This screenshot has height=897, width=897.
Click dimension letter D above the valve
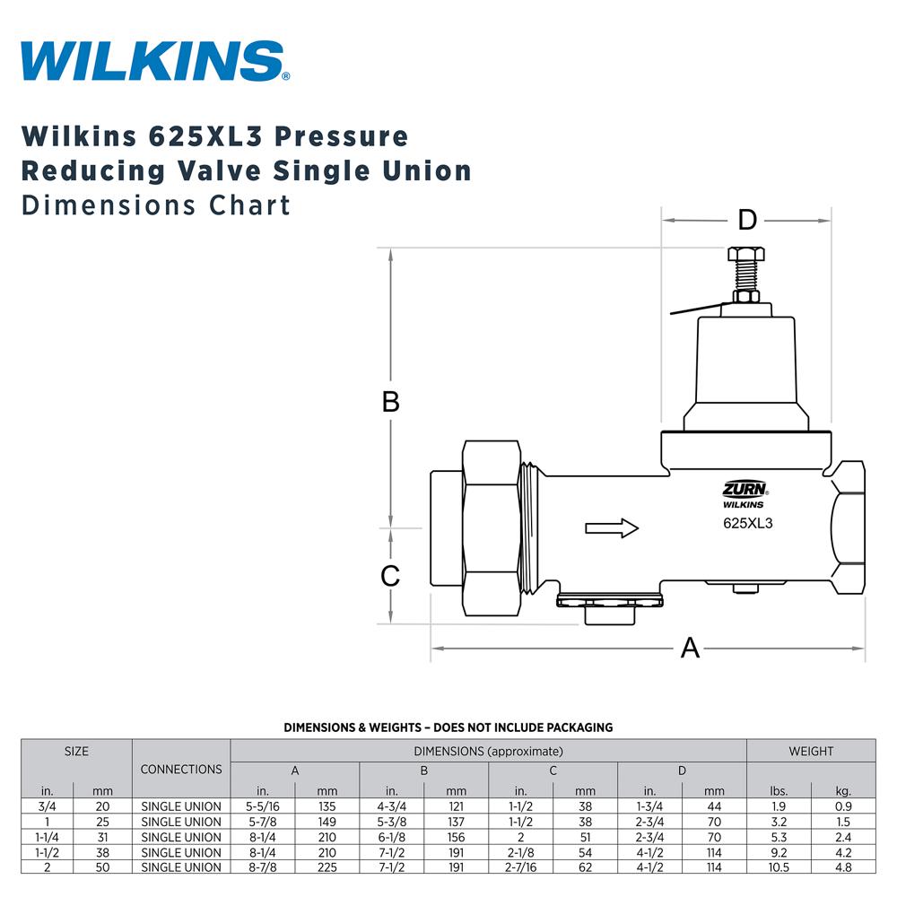coord(747,220)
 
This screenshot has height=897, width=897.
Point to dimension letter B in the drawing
coord(390,402)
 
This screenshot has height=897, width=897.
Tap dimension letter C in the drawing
coord(390,576)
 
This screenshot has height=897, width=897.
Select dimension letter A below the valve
coord(690,647)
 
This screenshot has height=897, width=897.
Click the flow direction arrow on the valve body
coord(612,527)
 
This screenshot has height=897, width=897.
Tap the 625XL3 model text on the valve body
coord(747,524)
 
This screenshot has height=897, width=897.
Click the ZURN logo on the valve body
coord(744,489)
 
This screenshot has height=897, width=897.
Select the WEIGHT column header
coord(811,751)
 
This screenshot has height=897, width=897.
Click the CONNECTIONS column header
coord(181,770)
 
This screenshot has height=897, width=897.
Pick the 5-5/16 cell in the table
coord(263,806)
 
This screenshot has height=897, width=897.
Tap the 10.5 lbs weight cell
coord(778,867)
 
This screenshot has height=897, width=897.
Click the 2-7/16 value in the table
coord(520,867)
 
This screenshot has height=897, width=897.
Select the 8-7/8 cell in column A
coord(263,867)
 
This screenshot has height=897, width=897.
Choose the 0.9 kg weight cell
coord(843,806)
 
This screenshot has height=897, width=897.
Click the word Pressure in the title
coord(341,136)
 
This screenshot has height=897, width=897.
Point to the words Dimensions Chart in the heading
coord(156,205)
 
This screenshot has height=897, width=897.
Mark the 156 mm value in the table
coord(456,837)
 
